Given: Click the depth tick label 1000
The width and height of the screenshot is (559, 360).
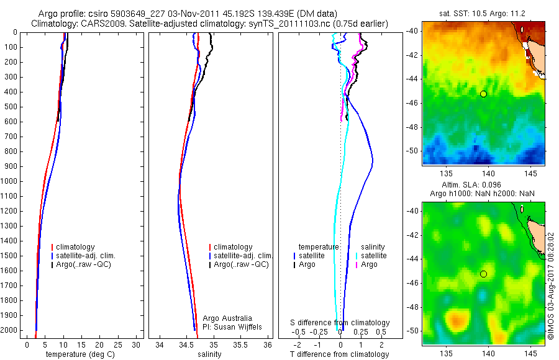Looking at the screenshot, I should (9, 181).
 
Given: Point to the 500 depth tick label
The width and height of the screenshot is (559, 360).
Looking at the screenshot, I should (11, 107).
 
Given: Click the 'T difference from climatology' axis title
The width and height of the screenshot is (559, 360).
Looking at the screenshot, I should (339, 354).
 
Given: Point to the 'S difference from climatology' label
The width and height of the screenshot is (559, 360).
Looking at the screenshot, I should (340, 323).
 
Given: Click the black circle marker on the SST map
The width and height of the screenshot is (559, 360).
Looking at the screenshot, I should (483, 94).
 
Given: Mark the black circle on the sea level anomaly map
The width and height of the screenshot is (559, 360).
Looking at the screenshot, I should (483, 274).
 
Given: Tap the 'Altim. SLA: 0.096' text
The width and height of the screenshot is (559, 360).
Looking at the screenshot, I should (483, 186).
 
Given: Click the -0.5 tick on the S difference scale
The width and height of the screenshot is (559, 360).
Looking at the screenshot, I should (301, 332).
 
